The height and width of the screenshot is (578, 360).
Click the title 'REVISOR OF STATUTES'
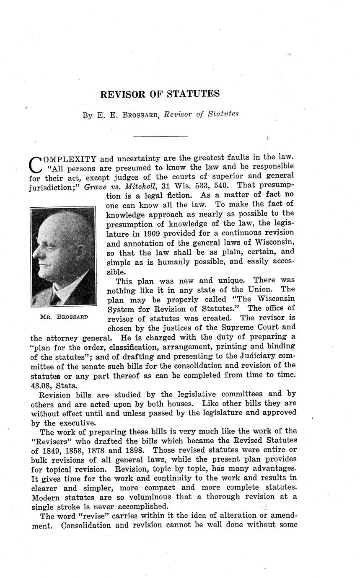[160, 94]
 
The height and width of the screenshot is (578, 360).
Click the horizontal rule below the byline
[160, 136]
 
